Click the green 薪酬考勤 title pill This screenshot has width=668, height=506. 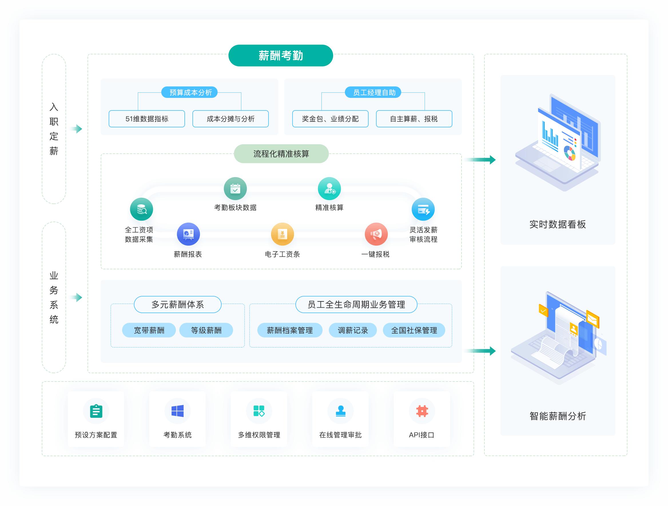pos(281,56)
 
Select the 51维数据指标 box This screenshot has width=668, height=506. pos(147,119)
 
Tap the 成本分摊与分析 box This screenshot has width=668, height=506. pos(230,119)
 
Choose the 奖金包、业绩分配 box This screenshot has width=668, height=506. pos(330,119)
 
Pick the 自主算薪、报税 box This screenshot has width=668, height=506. pos(414,119)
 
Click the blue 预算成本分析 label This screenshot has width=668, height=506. pos(189,92)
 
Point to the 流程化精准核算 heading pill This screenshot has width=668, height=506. pos(281,154)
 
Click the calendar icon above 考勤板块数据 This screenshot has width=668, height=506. pos(235,189)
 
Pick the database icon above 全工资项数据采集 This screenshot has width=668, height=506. pos(142,209)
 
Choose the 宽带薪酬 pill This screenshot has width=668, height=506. pos(149,330)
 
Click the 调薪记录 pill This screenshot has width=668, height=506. pos(353,330)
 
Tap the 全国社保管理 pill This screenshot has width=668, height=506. pos(414,330)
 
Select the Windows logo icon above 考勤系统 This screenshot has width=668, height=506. pos(178,411)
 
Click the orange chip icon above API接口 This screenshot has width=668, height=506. pos(422,411)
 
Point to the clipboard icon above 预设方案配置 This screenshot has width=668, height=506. pos(96,411)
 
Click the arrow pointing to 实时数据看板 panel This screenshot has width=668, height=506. pos(480,160)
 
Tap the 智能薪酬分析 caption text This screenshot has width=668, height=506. pos(558,416)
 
